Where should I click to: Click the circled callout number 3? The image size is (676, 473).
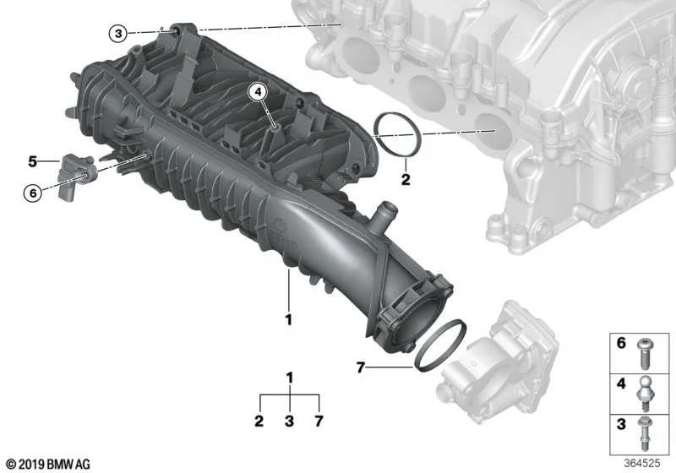[x=118, y=33]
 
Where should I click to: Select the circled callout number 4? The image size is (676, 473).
[x=258, y=92]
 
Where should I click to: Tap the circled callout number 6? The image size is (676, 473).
[x=33, y=193]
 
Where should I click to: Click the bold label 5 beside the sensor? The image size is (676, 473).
[x=33, y=161]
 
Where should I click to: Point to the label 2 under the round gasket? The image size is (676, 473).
[x=406, y=179]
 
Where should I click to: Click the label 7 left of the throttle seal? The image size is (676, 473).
[x=361, y=367]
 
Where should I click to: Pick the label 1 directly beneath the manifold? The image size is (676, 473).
[x=289, y=319]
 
